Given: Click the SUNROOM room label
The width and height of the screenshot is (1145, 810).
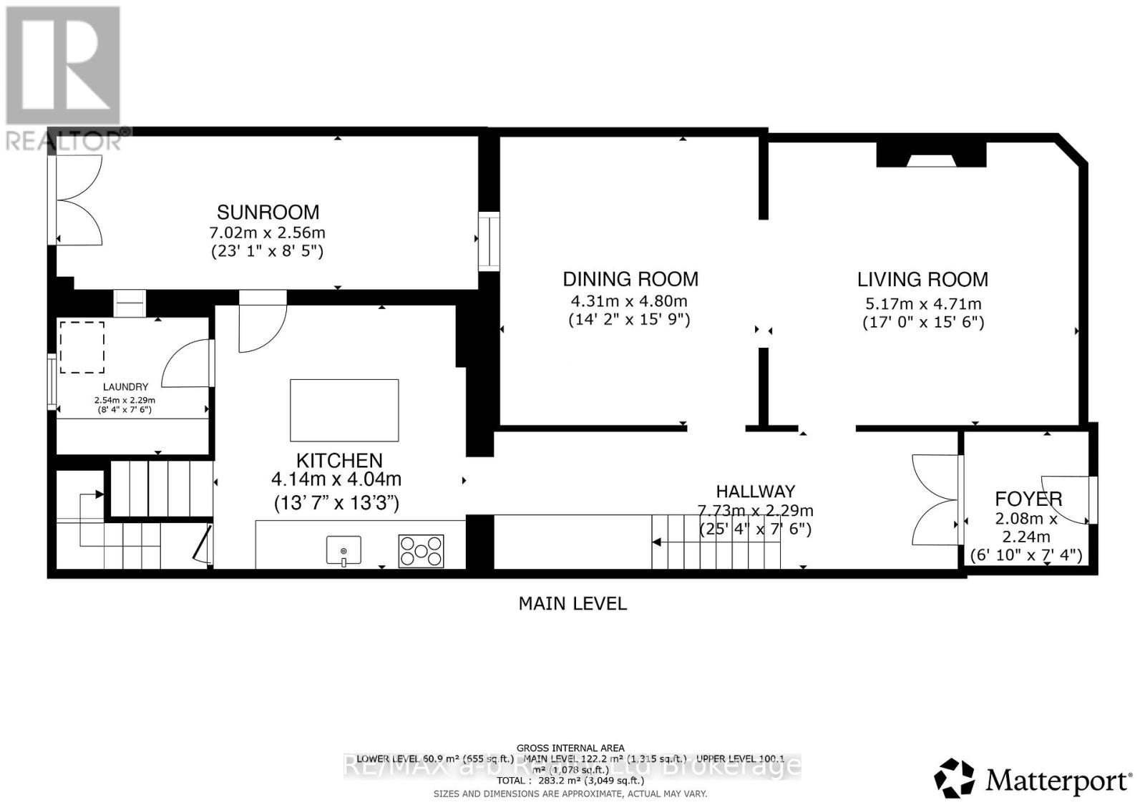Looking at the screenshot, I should [268, 212].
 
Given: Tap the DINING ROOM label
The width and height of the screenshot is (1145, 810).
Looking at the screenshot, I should [630, 279].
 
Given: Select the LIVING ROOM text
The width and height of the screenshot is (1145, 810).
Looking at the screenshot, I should [922, 279].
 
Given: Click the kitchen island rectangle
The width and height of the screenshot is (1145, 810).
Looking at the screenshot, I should [344, 410].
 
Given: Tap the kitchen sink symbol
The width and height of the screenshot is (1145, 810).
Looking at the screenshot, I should [344, 550].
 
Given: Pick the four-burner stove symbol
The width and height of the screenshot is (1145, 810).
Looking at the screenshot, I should [422, 551].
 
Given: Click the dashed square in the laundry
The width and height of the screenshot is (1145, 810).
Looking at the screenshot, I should [82, 347].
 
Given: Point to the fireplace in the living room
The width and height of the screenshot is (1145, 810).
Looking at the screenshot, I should [931, 155].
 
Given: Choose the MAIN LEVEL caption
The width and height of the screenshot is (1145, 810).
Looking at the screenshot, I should [572, 603].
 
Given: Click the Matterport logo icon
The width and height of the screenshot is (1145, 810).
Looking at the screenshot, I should [954, 778].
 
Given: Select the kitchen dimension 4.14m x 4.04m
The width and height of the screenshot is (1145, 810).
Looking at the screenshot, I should [336, 479].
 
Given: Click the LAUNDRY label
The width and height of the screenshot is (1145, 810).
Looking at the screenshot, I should [125, 387].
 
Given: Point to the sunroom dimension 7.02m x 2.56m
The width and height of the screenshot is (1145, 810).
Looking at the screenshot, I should [267, 233].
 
